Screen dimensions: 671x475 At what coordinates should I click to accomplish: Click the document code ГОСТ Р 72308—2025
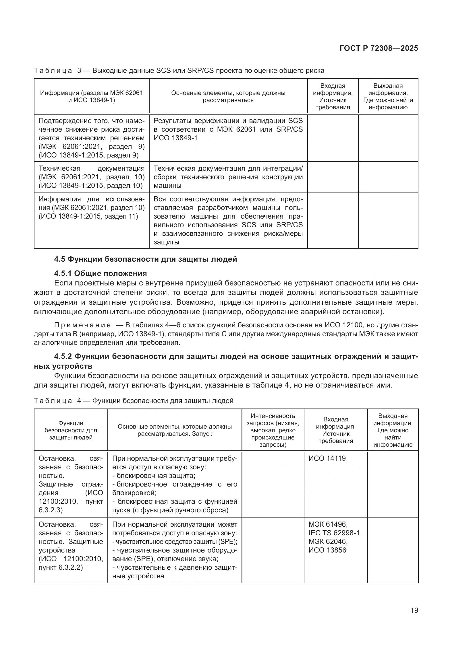pyautogui.click(x=379, y=48)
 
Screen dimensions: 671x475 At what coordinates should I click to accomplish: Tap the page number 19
pyautogui.click(x=414, y=610)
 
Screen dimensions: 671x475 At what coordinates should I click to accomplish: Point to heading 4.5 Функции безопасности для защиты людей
pyautogui.click(x=145, y=259)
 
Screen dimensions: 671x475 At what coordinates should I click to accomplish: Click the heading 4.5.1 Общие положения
pyautogui.click(x=100, y=274)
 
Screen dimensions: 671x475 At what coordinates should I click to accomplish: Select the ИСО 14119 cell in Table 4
pyautogui.click(x=327, y=458)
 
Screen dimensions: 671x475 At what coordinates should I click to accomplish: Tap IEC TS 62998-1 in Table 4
pyautogui.click(x=335, y=533)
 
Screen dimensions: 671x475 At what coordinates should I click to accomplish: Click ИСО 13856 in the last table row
pyautogui.click(x=327, y=550)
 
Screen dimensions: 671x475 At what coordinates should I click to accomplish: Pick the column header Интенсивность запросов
pyautogui.click(x=273, y=430)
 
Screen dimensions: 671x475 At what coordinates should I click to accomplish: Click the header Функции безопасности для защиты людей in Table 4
pyautogui.click(x=71, y=430)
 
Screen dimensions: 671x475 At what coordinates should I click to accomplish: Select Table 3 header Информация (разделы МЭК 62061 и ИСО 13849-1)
pyautogui.click(x=92, y=96)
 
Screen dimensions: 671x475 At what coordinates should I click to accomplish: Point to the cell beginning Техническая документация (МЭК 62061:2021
pyautogui.click(x=92, y=177)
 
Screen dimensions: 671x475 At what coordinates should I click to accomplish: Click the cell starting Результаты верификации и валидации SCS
pyautogui.click(x=228, y=129)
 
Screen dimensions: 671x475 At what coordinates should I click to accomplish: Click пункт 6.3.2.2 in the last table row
pyautogui.click(x=61, y=567)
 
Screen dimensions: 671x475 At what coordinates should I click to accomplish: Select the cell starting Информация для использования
pyautogui.click(x=92, y=208)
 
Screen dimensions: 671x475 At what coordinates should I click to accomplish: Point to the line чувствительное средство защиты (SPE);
pyautogui.click(x=175, y=542)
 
